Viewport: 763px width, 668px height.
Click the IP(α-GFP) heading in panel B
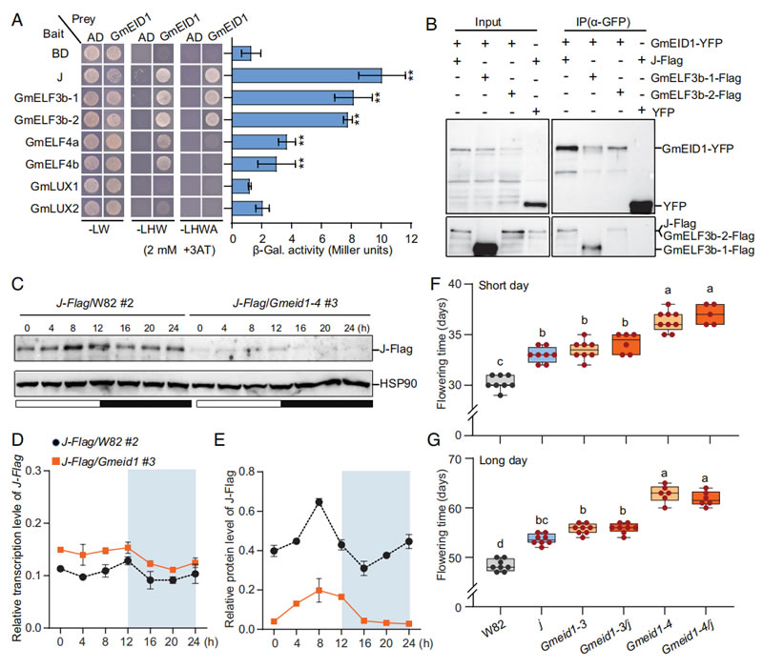pyautogui.click(x=601, y=20)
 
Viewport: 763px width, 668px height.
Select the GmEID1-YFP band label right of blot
pyautogui.click(x=688, y=149)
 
